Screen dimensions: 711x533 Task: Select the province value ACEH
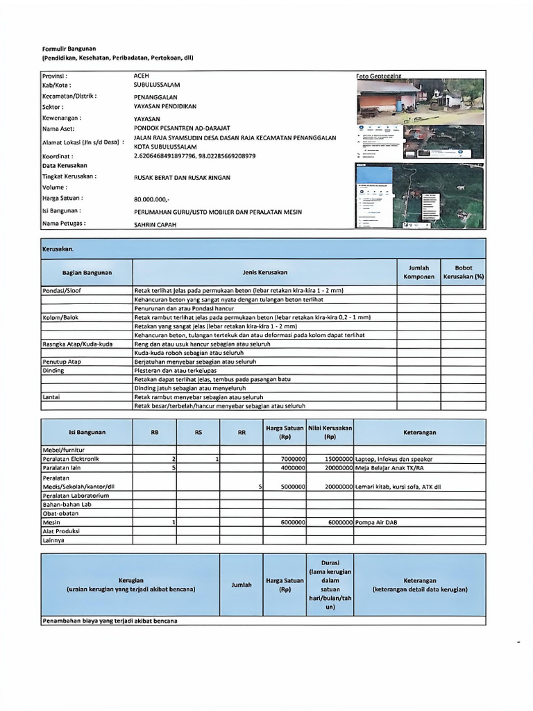point(141,75)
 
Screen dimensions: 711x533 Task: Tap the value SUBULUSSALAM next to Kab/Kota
point(157,85)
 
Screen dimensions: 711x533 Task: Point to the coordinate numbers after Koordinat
point(194,156)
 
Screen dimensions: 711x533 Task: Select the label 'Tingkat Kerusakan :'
point(69,176)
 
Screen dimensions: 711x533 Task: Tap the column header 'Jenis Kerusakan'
point(264,273)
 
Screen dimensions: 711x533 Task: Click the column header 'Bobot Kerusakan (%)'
point(463,272)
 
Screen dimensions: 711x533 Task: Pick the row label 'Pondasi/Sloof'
point(62,290)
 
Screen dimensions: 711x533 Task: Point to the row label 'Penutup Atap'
point(62,362)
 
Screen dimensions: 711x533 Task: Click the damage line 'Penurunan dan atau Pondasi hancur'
point(184,308)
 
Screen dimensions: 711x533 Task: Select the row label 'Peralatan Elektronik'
point(71,459)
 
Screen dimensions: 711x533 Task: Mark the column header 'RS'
point(198,432)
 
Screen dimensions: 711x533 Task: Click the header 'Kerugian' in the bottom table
point(130,580)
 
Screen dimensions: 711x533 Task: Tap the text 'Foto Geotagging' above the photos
point(379,75)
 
